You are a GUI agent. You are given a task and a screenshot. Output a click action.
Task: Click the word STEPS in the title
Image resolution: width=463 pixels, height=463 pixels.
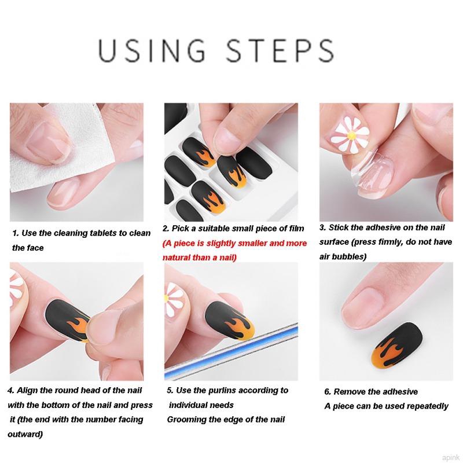coord(280,50)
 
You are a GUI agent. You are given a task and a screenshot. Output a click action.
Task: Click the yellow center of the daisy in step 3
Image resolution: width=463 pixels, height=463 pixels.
coord(351,135)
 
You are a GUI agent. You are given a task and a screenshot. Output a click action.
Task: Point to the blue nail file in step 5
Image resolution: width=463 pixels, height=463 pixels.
coord(231,351)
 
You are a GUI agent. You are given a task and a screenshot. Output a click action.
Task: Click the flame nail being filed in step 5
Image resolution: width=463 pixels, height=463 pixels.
coord(229,320)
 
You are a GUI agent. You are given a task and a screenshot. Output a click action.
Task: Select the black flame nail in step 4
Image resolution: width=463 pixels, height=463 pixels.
coord(68,321)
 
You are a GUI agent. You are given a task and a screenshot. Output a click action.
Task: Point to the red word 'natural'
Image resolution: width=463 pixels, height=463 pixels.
coord(177,258)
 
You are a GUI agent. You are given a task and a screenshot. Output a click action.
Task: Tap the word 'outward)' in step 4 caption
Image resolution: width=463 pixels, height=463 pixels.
coord(25,435)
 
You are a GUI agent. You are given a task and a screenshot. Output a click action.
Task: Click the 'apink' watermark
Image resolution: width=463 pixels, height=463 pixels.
coord(450,458)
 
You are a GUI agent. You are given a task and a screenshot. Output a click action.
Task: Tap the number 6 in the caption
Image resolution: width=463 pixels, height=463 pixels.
coord(327,392)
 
